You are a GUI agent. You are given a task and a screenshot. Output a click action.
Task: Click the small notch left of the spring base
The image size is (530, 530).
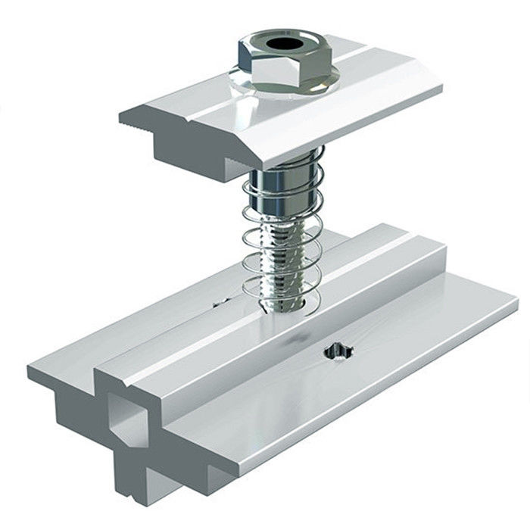(220, 304)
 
